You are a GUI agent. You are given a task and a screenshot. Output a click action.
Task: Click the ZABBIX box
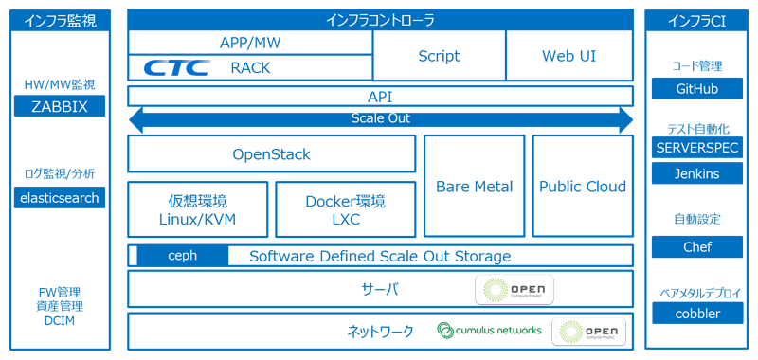coord(60,106)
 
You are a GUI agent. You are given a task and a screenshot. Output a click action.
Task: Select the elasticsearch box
coord(60,197)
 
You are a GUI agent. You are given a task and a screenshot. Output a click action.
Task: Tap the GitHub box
coord(697,88)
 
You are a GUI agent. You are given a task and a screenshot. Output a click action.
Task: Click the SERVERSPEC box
coord(697,148)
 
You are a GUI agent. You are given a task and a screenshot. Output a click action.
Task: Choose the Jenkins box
coord(697,173)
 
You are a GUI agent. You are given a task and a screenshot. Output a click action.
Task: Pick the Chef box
coord(697,246)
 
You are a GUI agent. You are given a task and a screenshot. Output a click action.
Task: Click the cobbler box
coord(697,313)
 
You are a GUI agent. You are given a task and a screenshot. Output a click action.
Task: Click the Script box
coord(439,56)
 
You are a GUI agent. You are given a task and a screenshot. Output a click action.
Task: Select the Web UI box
coord(569,56)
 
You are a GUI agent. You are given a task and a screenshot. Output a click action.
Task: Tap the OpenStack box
coord(271,153)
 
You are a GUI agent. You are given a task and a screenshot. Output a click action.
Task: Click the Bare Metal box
coord(474,186)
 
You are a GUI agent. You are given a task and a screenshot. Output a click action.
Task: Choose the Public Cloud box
coord(583,186)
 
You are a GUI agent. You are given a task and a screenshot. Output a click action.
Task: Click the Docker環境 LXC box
coord(345,209)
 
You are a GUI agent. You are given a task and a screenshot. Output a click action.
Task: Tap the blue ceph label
coord(182,256)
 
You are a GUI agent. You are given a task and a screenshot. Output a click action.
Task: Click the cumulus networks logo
coord(489,330)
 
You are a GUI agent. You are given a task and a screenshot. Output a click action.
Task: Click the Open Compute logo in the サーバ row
coord(514,289)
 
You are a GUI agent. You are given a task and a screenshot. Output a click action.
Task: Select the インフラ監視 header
coord(60,19)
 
